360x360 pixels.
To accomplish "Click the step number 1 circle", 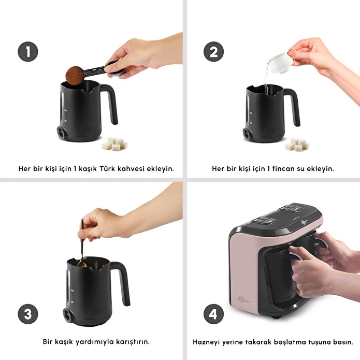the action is coord(28,51).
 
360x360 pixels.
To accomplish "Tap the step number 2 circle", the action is coord(213,51).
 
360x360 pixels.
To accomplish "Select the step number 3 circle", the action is coord(28,314).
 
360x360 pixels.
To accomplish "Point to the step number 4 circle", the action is coord(213,314).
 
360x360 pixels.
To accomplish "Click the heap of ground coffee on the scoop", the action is coord(75,75).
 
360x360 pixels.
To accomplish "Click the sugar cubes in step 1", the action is coord(115,143).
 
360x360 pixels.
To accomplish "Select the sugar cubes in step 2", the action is coord(297,145).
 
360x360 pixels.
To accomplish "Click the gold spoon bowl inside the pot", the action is coord(82,264).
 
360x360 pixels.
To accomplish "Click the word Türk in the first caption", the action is coord(107,168).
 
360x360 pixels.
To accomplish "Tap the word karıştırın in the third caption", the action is coord(133,342).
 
